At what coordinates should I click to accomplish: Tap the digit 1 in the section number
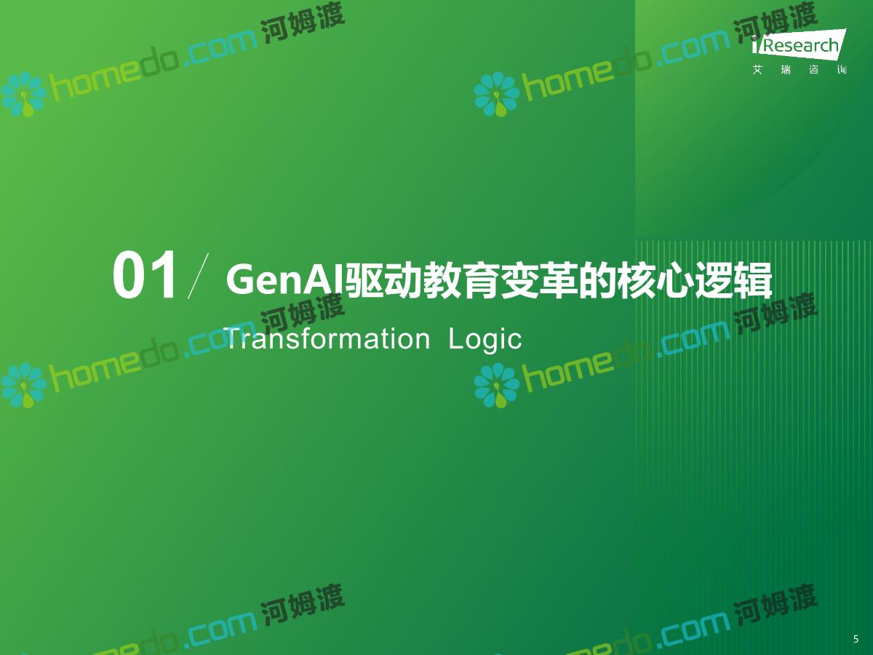(x=162, y=274)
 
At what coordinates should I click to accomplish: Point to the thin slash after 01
(x=198, y=276)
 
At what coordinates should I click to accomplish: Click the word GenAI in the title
(x=284, y=279)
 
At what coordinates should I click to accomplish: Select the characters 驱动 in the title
(x=383, y=279)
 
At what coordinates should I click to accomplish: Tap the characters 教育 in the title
(x=461, y=279)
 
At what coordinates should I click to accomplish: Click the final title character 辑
(x=752, y=279)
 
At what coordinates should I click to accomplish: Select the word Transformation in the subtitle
(x=327, y=339)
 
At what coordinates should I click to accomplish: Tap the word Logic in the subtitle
(x=485, y=340)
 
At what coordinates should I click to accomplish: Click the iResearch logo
(x=799, y=44)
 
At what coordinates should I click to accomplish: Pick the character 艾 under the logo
(x=757, y=70)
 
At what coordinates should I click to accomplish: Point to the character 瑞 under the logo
(x=786, y=70)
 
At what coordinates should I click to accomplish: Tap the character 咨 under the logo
(x=814, y=70)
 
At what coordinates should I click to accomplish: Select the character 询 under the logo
(x=842, y=70)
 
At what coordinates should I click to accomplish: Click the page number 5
(x=856, y=639)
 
